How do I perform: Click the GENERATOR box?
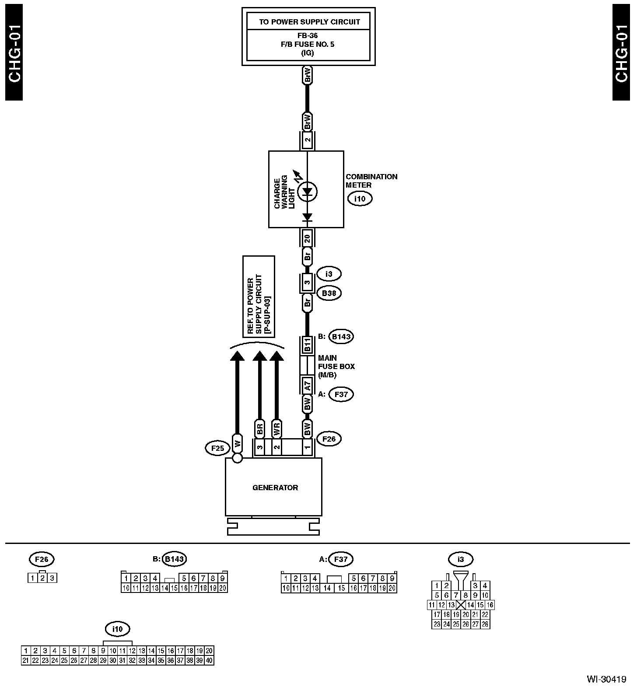tap(273, 487)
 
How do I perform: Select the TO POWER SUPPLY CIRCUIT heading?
tap(309, 21)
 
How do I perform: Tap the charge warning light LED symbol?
tap(308, 192)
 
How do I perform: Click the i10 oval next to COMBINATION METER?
tap(360, 199)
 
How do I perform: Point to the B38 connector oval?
tap(329, 293)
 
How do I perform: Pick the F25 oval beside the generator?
tap(217, 448)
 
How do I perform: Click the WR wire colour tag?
tap(276, 429)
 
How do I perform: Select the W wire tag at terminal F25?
tap(238, 444)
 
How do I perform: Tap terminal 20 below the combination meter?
tap(307, 238)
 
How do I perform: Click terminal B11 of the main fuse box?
tap(307, 345)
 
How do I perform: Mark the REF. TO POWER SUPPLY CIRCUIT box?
tap(259, 296)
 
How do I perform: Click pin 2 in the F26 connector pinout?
tap(42, 578)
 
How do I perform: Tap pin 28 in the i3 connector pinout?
tap(485, 624)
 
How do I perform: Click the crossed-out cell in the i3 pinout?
tap(461, 605)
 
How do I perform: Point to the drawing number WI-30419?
tap(606, 679)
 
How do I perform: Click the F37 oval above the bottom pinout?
tap(340, 559)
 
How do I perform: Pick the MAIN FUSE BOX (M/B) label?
tap(336, 366)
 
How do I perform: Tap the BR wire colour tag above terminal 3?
tap(259, 429)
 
